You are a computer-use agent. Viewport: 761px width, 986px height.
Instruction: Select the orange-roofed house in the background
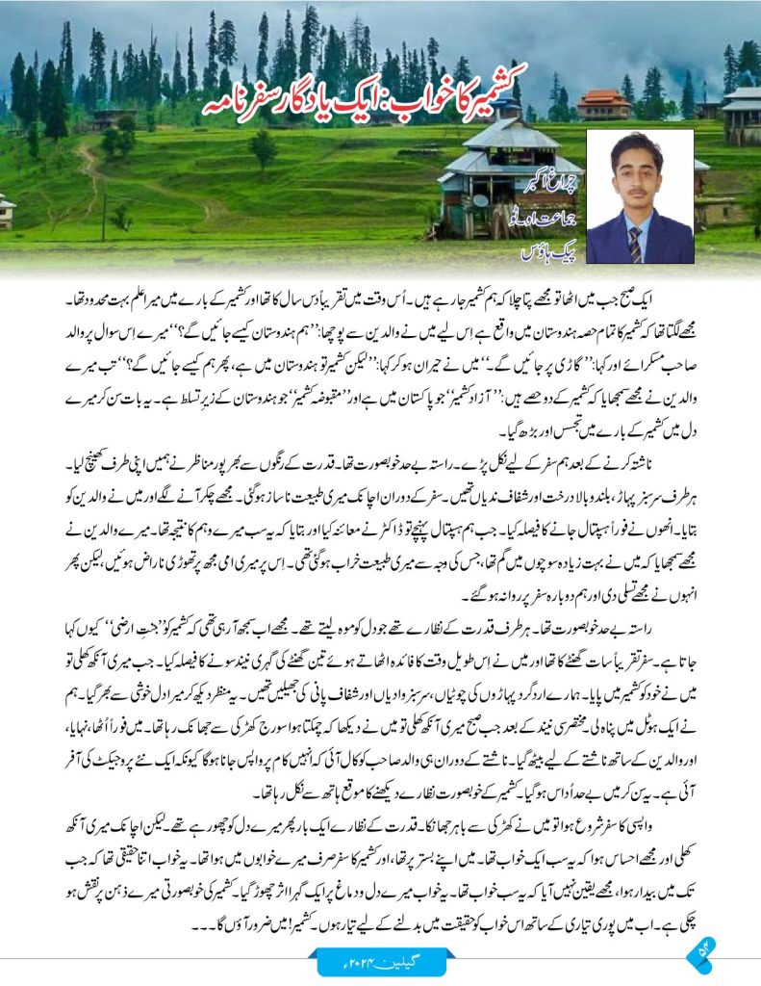pyautogui.click(x=603, y=103)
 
